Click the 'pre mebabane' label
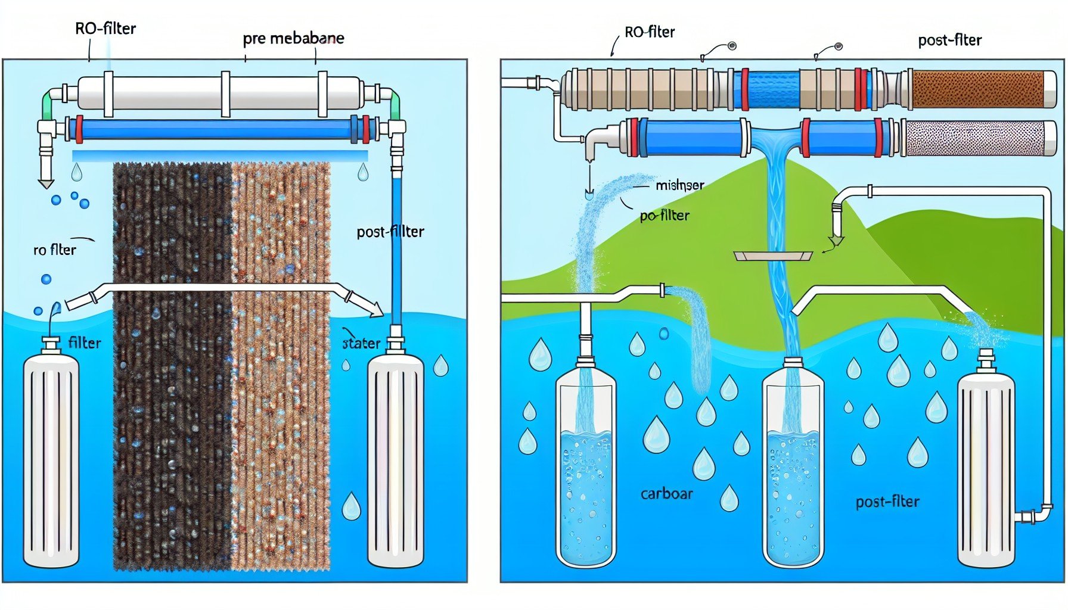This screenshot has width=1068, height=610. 293,39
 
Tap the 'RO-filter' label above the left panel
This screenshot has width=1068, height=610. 105,29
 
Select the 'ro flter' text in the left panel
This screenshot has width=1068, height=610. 55,250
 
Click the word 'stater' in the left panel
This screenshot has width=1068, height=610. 361,343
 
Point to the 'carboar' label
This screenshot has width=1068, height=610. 666,494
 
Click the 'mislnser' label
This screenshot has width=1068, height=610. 679,185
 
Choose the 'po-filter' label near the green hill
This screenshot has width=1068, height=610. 665,216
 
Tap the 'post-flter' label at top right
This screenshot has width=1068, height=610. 949,41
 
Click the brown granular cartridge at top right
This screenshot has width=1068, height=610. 977,89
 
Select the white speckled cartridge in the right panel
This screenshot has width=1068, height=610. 974,138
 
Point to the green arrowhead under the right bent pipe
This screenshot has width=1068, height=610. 836,241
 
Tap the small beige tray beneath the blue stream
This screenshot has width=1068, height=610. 773,256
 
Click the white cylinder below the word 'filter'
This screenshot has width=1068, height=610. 51,459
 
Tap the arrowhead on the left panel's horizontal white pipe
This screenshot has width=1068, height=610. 375,309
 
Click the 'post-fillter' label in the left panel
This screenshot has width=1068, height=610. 390,232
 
